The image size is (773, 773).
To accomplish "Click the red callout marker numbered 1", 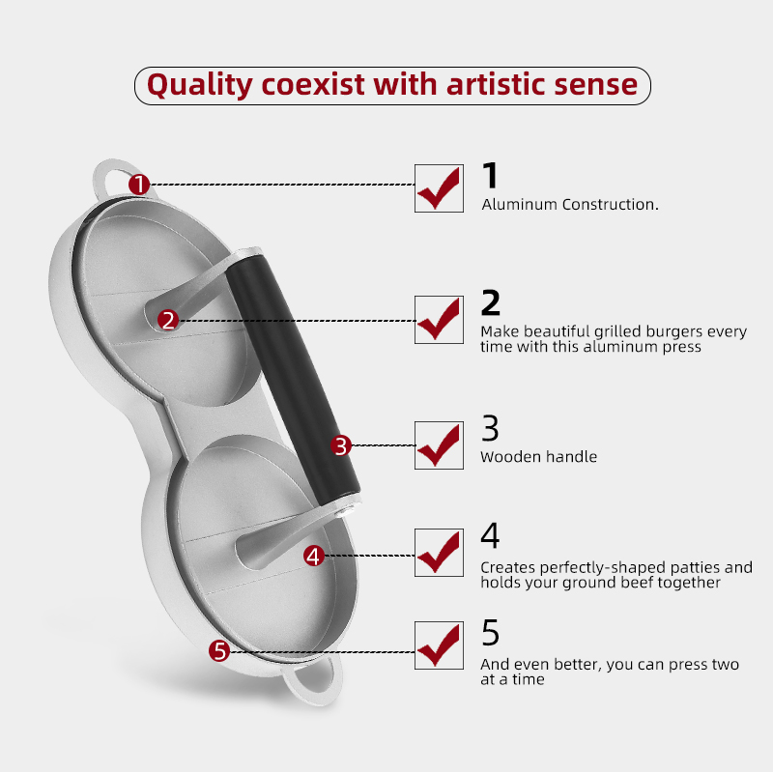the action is click(139, 185).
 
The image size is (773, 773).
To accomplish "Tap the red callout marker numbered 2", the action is click(168, 321).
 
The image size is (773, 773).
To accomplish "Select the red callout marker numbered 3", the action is click(341, 445).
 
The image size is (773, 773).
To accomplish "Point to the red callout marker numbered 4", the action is click(313, 557).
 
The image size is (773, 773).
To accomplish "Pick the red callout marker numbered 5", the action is click(219, 651).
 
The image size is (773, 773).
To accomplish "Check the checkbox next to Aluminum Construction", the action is click(439, 188).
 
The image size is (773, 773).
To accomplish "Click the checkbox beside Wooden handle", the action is click(439, 445).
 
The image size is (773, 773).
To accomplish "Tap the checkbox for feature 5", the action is click(439, 645).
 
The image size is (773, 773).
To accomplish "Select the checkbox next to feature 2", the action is click(439, 320).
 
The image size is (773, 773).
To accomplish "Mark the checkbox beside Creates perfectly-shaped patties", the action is click(439, 553).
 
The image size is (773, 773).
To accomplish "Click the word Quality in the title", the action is click(200, 85).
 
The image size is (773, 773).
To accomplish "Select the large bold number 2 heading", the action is click(491, 302).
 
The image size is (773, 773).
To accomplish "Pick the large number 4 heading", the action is click(490, 535).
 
